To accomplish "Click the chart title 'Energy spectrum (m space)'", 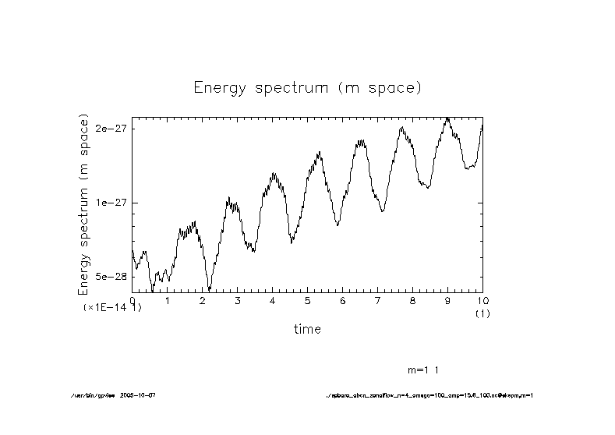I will tap(307, 87).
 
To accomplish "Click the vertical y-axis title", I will tap(84, 204).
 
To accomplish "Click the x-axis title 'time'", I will tap(307, 329).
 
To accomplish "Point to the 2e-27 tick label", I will tap(111, 129).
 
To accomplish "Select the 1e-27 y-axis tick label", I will tap(111, 203).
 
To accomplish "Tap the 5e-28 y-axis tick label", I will tap(111, 277).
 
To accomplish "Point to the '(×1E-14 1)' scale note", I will tap(112, 308).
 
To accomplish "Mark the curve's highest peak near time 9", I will tap(447, 118).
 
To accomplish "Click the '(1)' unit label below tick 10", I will tap(482, 313).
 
